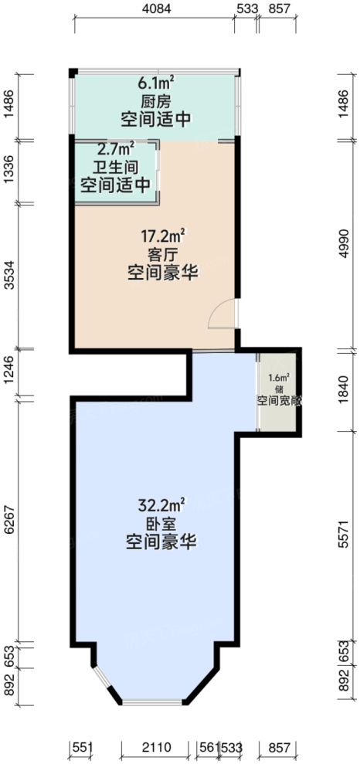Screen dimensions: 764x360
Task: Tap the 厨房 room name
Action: [155, 101]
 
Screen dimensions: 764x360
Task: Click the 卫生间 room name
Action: [116, 167]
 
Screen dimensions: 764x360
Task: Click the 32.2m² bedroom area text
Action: [161, 506]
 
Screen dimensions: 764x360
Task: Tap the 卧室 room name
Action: [161, 525]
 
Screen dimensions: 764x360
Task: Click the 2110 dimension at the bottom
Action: [158, 748]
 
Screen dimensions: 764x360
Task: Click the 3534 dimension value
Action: [10, 276]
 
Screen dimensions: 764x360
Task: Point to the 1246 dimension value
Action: [10, 373]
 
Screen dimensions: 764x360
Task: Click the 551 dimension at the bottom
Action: [82, 748]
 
